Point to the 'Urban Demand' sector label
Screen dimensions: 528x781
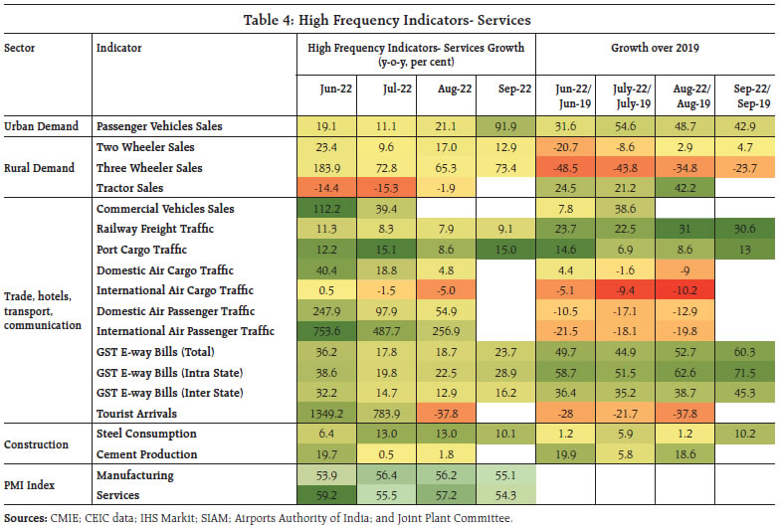click(x=41, y=127)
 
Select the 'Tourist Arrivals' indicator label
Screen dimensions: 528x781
click(x=137, y=413)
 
